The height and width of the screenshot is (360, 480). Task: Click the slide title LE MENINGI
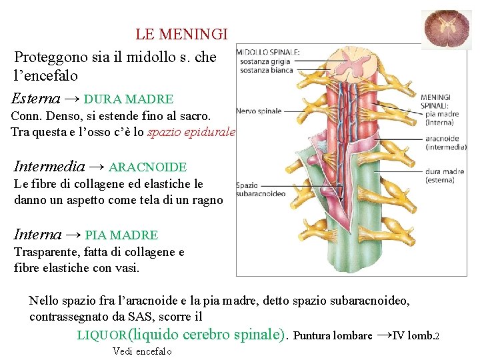[x=181, y=33]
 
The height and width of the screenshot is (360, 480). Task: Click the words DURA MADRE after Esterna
[x=129, y=99]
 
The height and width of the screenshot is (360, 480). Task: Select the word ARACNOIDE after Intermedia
[x=147, y=167]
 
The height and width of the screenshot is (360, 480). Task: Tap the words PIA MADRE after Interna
[x=121, y=235]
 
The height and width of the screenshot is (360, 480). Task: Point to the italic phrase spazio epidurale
[x=191, y=132]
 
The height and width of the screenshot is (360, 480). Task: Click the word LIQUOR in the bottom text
[x=101, y=335]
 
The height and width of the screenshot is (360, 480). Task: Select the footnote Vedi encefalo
[x=142, y=351]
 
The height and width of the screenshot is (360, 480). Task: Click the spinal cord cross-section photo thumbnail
[x=447, y=30]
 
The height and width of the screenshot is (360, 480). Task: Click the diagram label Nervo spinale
[x=259, y=111]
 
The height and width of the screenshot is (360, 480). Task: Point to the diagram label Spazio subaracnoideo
[x=260, y=189]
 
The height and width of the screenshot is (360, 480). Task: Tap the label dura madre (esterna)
[x=445, y=175]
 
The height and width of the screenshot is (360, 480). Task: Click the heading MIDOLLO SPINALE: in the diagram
[x=268, y=52]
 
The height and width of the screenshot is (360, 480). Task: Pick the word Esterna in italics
[x=36, y=99]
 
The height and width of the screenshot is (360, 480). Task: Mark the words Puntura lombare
[x=333, y=335]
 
